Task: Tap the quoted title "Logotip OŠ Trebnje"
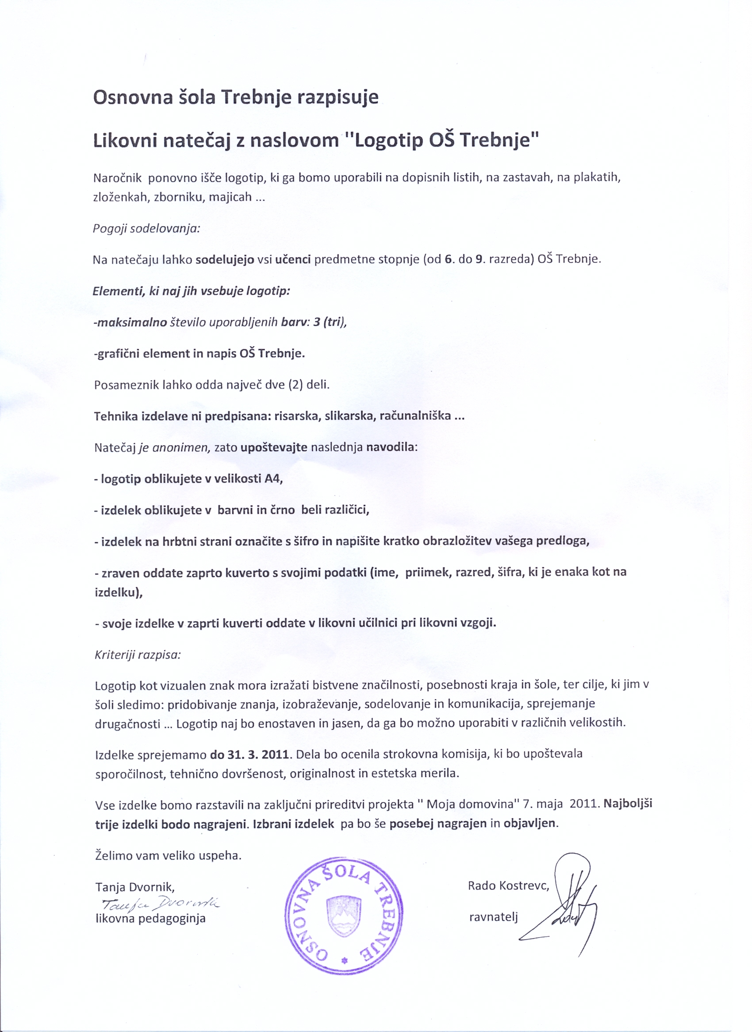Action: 441,140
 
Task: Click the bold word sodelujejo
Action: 225,260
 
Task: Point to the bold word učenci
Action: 293,260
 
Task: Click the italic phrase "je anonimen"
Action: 174,448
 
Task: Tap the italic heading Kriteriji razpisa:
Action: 138,655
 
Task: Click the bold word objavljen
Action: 530,823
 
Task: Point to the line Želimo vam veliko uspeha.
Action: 168,855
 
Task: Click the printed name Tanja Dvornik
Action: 134,887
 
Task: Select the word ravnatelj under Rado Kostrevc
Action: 493,917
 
